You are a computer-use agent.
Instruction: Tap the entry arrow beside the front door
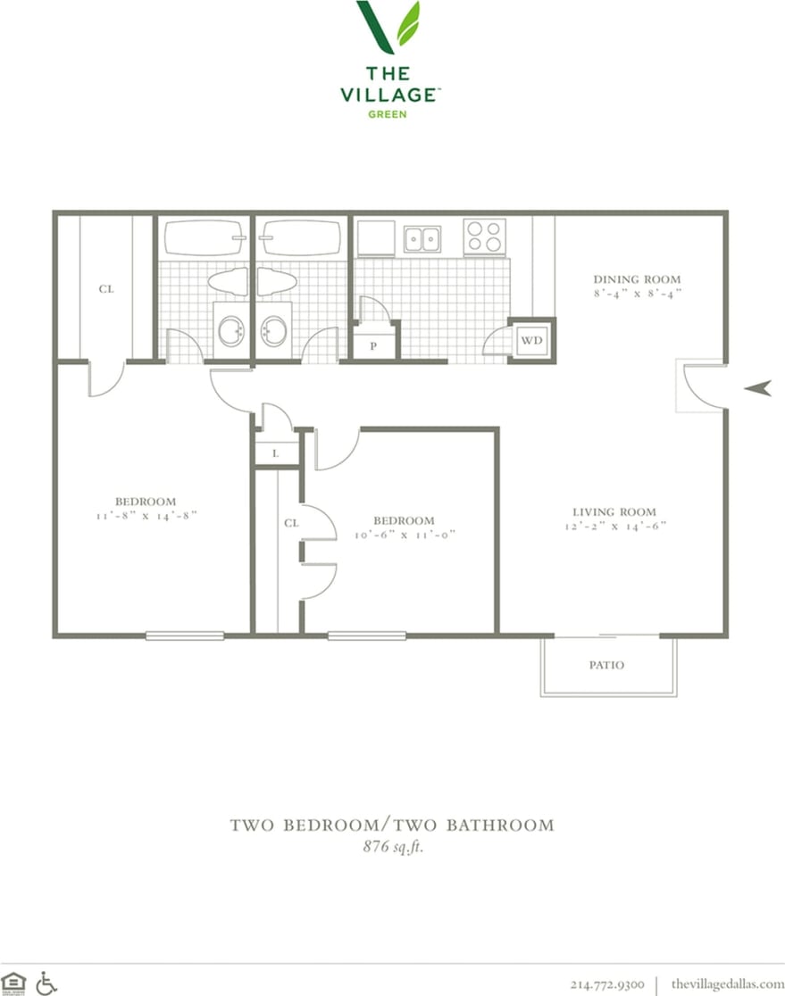tap(757, 387)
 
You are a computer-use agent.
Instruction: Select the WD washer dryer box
tap(531, 340)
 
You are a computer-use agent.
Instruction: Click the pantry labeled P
tap(373, 345)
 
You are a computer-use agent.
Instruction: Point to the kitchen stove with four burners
tap(484, 237)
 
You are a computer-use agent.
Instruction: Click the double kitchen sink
tap(422, 238)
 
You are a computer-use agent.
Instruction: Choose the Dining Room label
tap(637, 279)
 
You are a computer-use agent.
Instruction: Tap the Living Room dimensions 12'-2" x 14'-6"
tap(614, 526)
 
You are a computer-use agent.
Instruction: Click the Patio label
tap(606, 665)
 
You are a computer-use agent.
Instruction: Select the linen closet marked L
tap(275, 453)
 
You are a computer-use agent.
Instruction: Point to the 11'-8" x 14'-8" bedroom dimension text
tap(145, 515)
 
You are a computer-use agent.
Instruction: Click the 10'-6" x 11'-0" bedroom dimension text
tap(404, 535)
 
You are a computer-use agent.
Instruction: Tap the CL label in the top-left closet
tap(106, 289)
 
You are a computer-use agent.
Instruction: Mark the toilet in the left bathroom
tap(228, 282)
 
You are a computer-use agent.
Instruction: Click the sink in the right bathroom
tap(273, 331)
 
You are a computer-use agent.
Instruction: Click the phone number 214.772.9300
tap(607, 984)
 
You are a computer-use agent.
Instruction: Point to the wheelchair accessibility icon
tap(46, 983)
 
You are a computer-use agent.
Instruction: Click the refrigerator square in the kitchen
tap(376, 238)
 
